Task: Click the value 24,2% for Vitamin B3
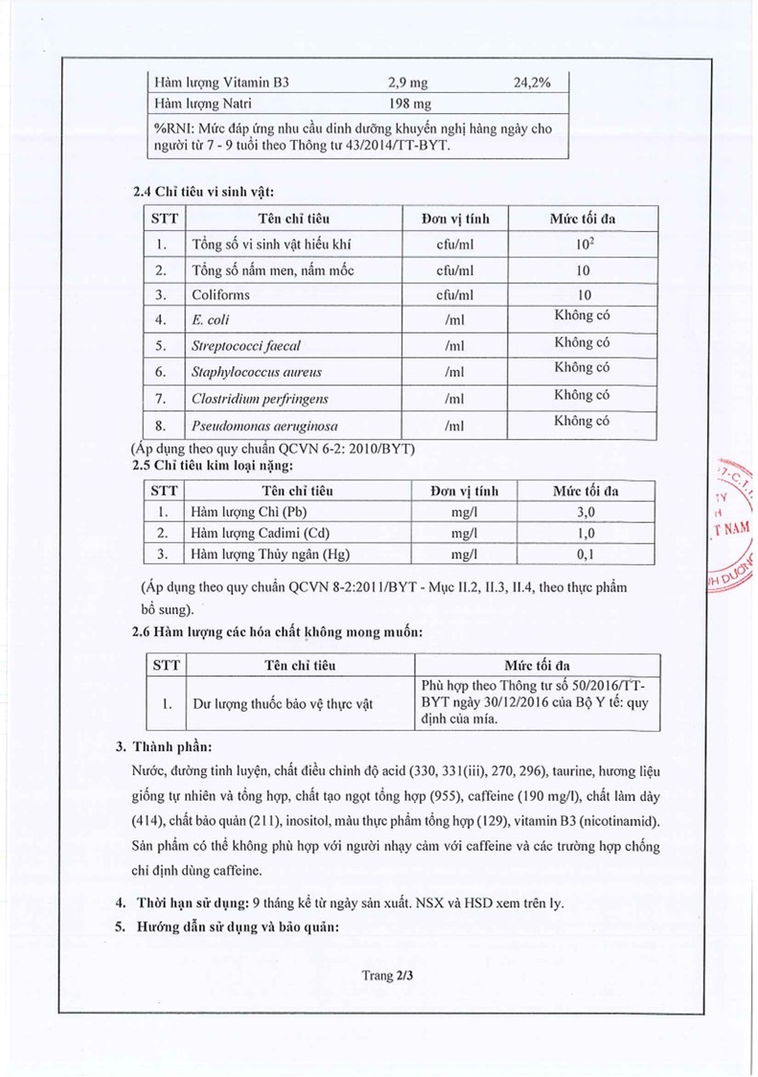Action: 532,82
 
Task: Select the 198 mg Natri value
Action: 409,104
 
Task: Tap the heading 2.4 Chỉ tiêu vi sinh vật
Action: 204,192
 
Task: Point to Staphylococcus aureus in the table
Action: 257,372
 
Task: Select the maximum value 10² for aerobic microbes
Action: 585,244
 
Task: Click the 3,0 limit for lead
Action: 586,512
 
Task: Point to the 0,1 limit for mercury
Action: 586,554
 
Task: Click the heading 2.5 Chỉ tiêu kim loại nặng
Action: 210,465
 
